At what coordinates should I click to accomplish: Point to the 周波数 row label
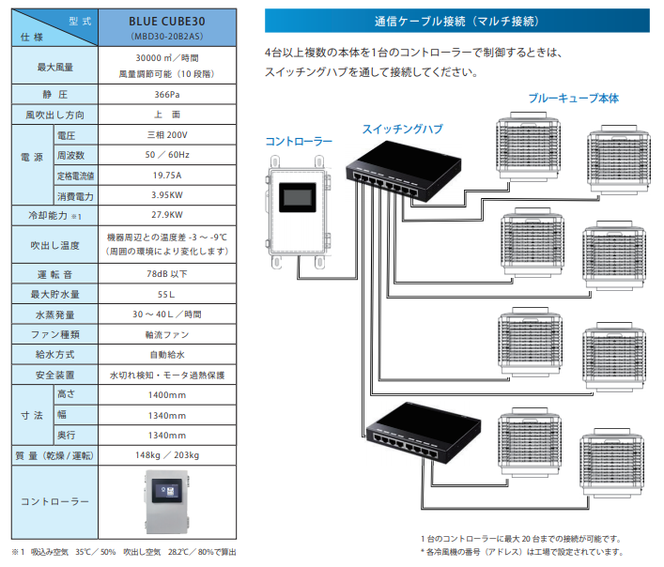tap(72, 155)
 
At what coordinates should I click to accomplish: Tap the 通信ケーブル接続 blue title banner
tap(456, 20)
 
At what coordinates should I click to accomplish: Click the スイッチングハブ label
tap(403, 129)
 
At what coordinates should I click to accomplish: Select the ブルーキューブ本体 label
tap(573, 98)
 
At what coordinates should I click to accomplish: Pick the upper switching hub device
tap(403, 175)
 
